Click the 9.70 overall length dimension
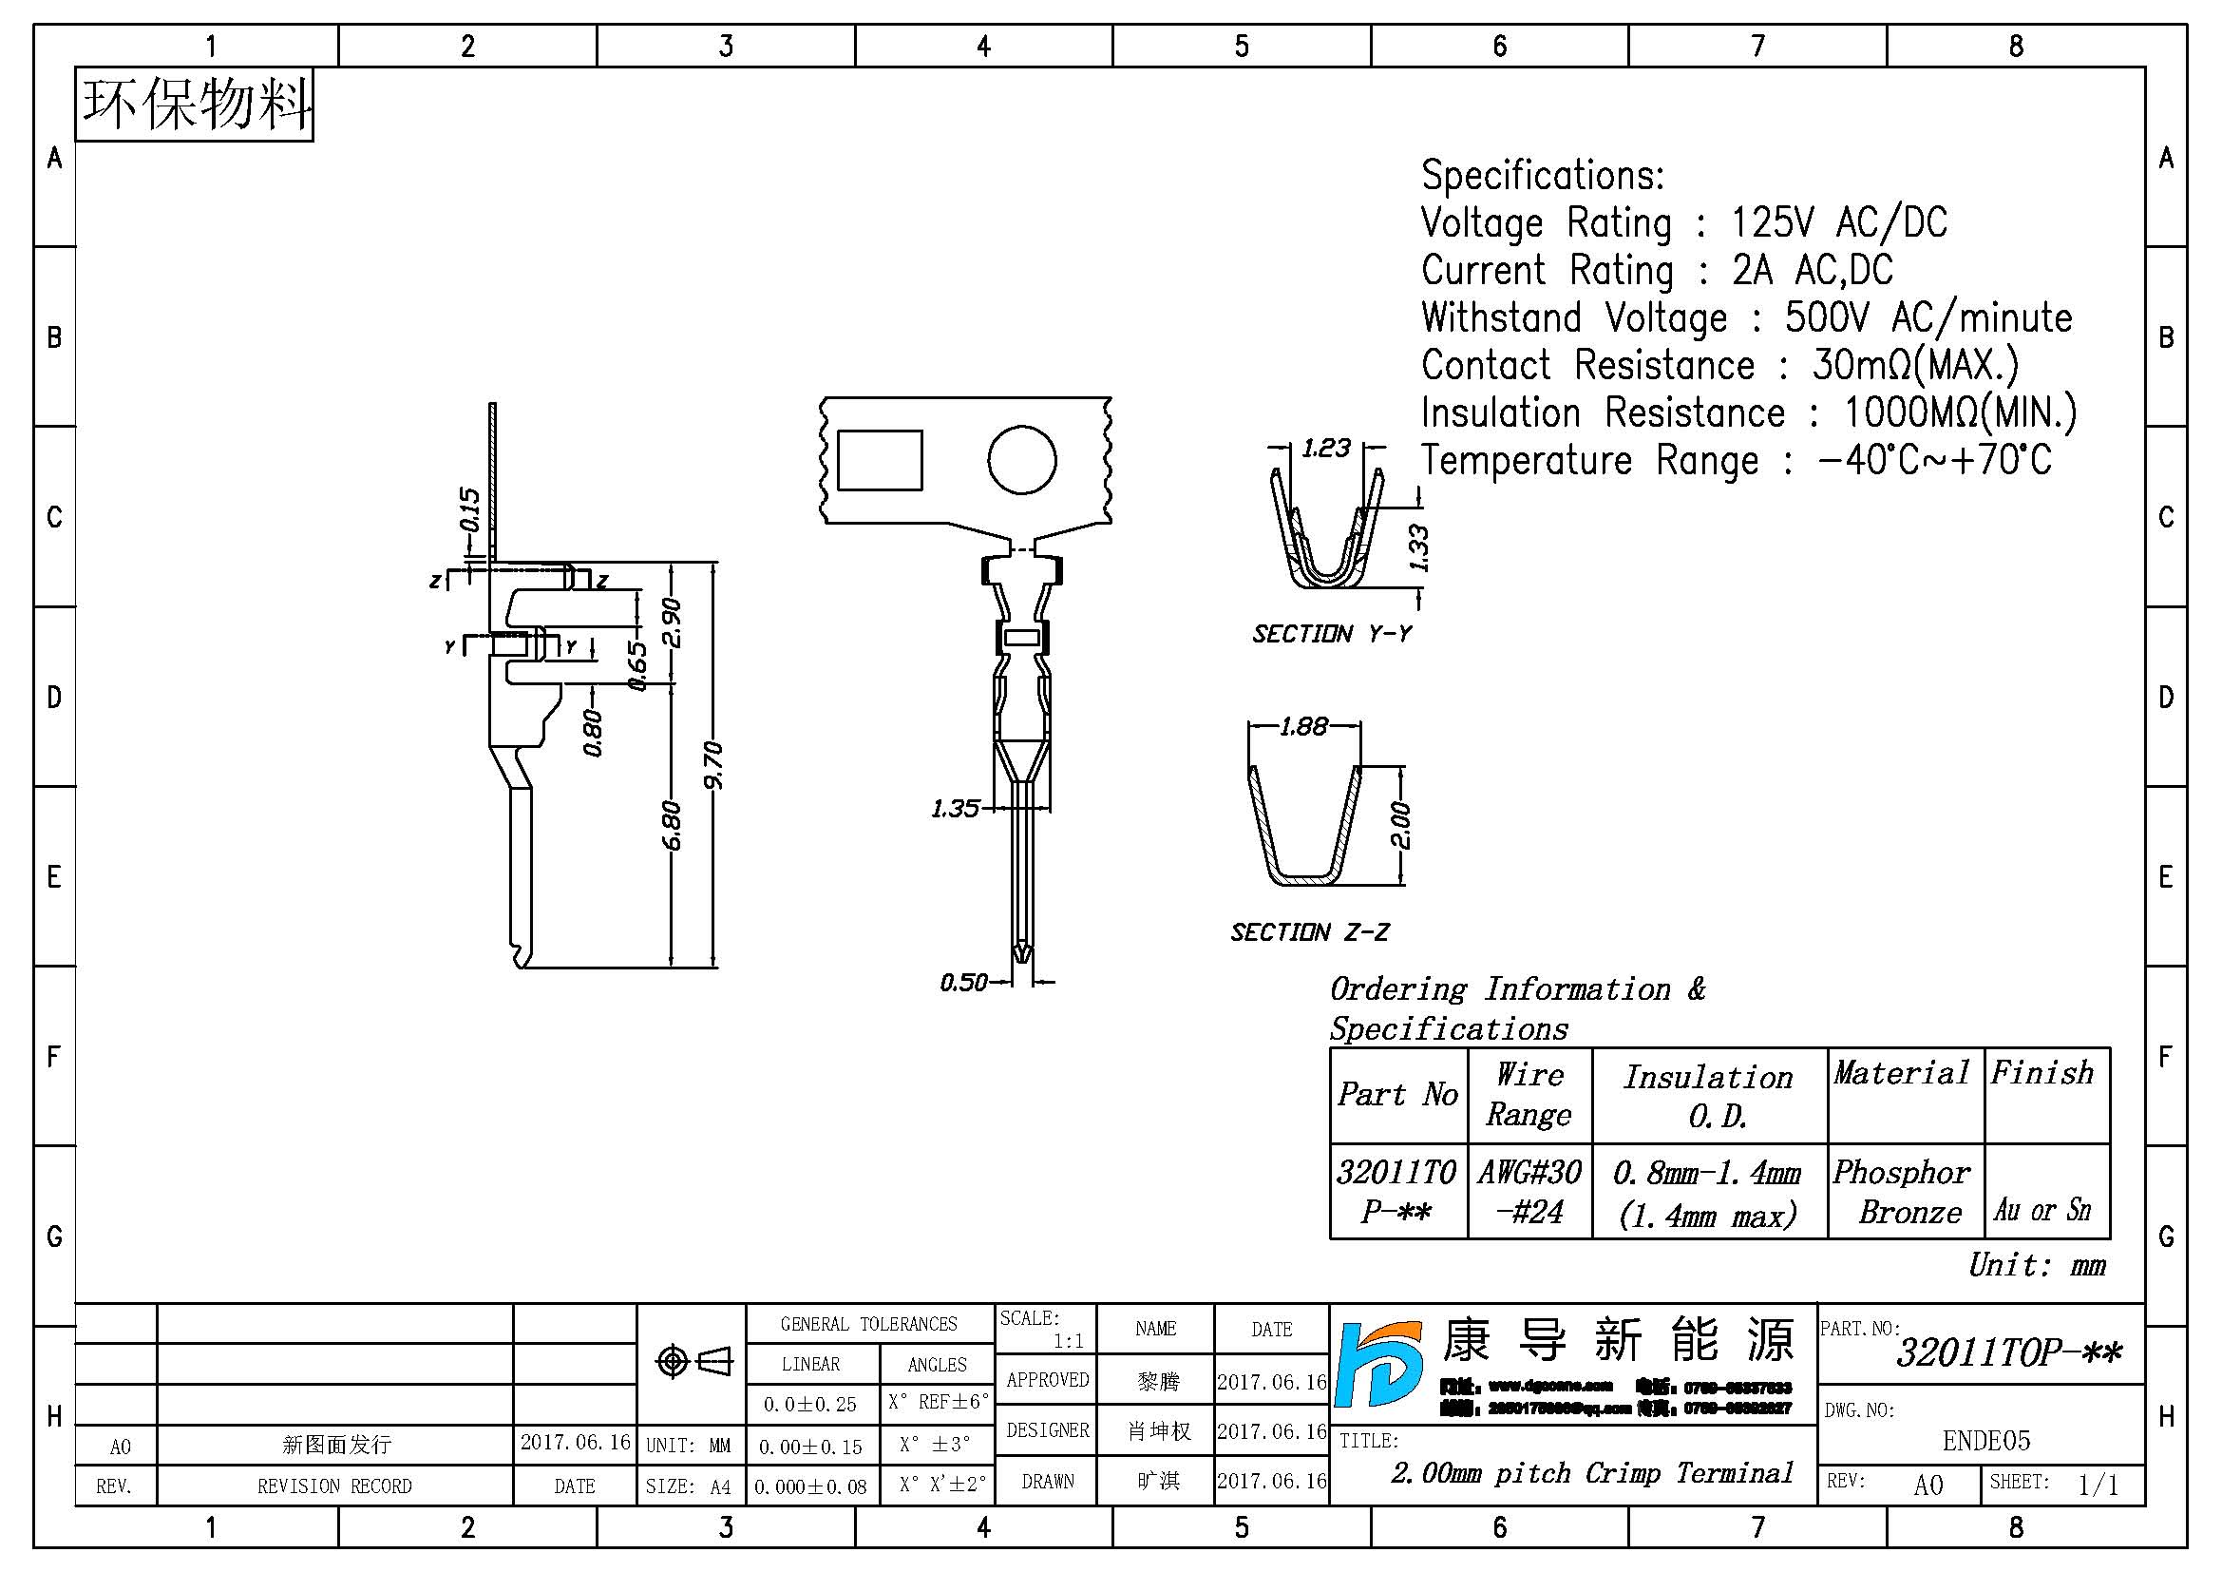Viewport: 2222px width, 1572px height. [x=713, y=765]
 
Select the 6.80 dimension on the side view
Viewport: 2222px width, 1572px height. [x=672, y=825]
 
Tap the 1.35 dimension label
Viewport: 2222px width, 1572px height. [x=954, y=808]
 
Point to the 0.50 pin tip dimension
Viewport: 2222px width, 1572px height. [x=963, y=983]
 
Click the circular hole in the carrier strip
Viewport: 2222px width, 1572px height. [x=1021, y=460]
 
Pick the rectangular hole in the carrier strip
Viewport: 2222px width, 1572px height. [x=879, y=461]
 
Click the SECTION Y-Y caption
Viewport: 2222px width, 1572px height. [x=1332, y=634]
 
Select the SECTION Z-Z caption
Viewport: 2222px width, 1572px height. [x=1308, y=932]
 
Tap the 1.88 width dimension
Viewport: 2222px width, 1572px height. [x=1303, y=726]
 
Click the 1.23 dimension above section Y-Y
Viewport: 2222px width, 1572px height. [x=1326, y=449]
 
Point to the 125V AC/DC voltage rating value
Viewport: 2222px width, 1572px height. [x=1838, y=222]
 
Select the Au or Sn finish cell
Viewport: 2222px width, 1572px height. [x=2042, y=1209]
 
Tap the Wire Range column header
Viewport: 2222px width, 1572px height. [x=1529, y=1094]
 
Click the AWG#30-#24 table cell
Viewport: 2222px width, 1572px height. [x=1529, y=1192]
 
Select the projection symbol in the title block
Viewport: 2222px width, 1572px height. [x=693, y=1362]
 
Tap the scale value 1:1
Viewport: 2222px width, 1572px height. [x=1068, y=1341]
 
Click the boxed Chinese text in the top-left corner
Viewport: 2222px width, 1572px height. [x=195, y=105]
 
